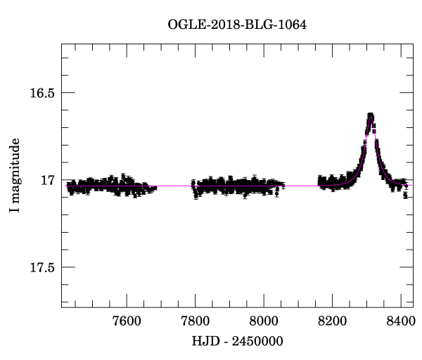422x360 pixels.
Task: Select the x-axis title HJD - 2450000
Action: coord(237,341)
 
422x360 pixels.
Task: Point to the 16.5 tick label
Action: coord(41,93)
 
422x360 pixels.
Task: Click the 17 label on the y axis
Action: coord(47,180)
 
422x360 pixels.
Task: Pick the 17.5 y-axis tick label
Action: coord(41,267)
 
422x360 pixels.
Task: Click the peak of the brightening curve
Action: coord(370,114)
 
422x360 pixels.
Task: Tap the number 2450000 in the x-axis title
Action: coord(259,341)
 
